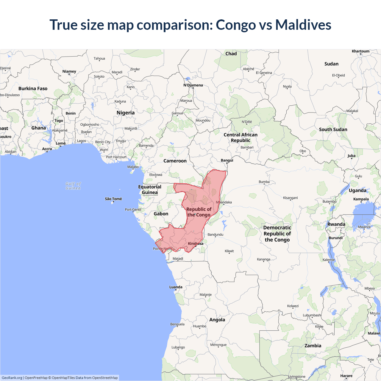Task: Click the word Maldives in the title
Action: coord(303,25)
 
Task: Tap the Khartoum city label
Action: coord(360,51)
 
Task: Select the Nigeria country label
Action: coord(126,113)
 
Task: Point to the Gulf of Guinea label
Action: coord(73,186)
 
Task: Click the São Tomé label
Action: coord(113,199)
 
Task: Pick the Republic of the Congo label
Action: coord(199,212)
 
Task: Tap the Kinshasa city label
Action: coord(196,243)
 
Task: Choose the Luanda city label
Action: coord(176,287)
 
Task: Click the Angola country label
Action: coord(217,320)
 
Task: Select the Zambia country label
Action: coord(313,346)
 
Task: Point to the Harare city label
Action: coord(346,376)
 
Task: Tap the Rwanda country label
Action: coord(336,224)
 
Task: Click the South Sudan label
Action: coord(333,129)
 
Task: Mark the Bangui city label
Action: coord(227,160)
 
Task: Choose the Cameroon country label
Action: coord(175,161)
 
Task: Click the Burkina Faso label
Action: coord(33,89)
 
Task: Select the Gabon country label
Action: coord(161,214)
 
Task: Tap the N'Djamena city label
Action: coord(193,85)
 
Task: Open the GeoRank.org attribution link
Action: coord(12,378)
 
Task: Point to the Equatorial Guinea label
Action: coord(150,190)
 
